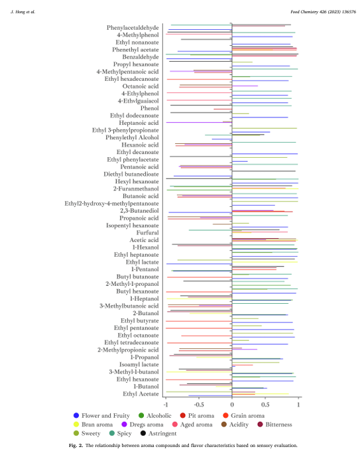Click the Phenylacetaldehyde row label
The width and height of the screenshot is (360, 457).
pyautogui.click(x=133, y=28)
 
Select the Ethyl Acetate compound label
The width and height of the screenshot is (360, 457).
pyautogui.click(x=141, y=394)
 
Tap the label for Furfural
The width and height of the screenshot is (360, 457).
pyautogui.click(x=148, y=233)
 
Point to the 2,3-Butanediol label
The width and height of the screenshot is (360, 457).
pyautogui.click(x=139, y=211)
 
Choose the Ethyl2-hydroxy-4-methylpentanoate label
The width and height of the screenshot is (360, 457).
pyautogui.click(x=111, y=204)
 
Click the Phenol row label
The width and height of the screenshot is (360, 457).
pyautogui.click(x=149, y=108)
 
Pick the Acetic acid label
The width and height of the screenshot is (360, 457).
pyautogui.click(x=144, y=240)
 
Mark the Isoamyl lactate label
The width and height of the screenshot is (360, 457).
pyautogui.click(x=139, y=365)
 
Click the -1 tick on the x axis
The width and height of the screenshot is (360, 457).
pyautogui.click(x=166, y=405)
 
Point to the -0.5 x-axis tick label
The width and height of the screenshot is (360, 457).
pyautogui.click(x=199, y=405)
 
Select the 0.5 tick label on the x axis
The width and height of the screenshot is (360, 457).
pyautogui.click(x=265, y=405)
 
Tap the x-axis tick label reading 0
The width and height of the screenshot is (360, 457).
pyautogui.click(x=232, y=405)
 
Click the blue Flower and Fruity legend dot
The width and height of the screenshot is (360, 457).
pyautogui.click(x=76, y=416)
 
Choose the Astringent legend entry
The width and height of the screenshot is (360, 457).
pyautogui.click(x=158, y=433)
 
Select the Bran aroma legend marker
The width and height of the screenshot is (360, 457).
pyautogui.click(x=76, y=424)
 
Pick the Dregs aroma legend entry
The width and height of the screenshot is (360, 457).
pyautogui.click(x=143, y=424)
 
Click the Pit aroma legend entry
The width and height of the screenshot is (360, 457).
pyautogui.click(x=197, y=416)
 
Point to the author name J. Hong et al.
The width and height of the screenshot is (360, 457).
pyautogui.click(x=23, y=12)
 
